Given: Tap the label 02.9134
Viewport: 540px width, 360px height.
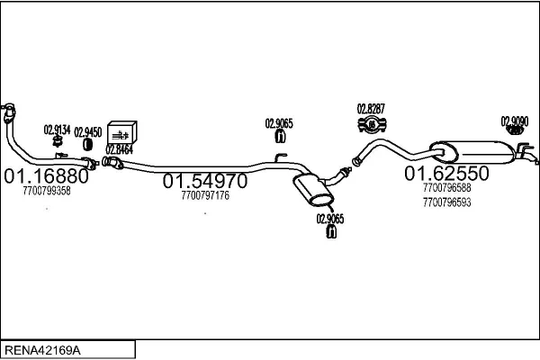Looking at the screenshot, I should coord(57,129).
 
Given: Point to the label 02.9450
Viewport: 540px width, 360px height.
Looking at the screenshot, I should coord(88,130).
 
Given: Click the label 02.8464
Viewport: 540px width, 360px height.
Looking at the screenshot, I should coord(119,149).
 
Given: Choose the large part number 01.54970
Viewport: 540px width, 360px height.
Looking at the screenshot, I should coord(204,181).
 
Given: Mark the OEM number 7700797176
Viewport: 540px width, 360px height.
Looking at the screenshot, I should coord(205,195).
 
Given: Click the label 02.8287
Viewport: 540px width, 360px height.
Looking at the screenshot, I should coord(371,108).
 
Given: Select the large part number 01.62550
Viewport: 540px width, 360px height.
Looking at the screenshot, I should coord(445,173).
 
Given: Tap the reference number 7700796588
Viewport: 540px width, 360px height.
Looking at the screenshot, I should coord(446,189).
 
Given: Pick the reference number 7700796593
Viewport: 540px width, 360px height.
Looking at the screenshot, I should coord(446,202).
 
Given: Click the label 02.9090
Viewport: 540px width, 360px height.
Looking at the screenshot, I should coord(515,121).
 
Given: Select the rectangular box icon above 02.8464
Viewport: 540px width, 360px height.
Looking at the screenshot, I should coord(121,130).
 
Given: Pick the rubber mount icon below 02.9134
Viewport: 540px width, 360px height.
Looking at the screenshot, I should coord(57,141).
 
